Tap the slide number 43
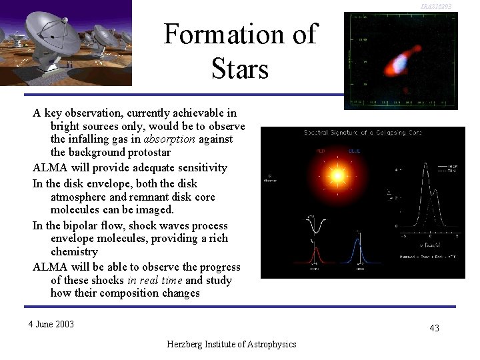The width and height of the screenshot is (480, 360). tap(434, 328)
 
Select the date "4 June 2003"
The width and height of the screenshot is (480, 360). tap(51, 325)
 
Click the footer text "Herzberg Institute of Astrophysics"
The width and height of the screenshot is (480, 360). tap(232, 344)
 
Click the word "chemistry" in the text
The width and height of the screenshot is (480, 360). tap(74, 252)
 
